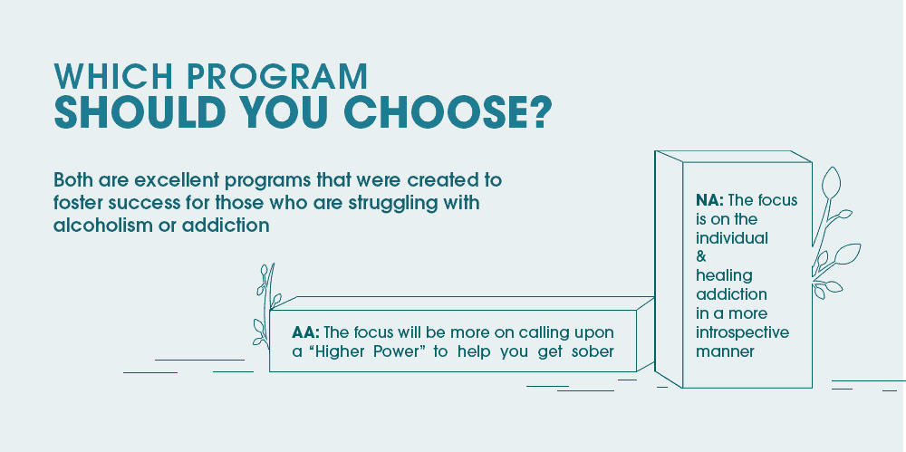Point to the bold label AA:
[x=306, y=332]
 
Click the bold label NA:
[x=710, y=199]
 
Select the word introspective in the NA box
[x=742, y=332]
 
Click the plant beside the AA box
[x=263, y=308]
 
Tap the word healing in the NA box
[x=724, y=275]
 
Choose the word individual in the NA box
[x=731, y=238]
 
